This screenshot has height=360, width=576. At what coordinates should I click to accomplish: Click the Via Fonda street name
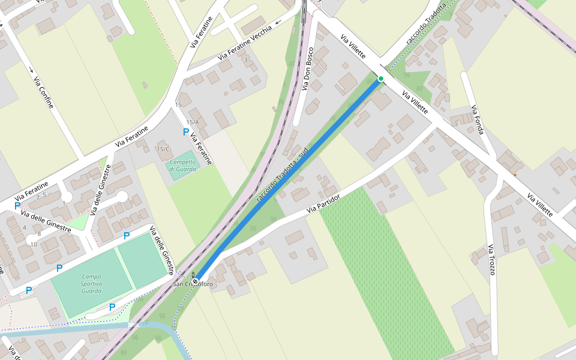pyautogui.click(x=477, y=120)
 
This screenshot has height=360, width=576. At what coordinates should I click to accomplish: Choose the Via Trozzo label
pyautogui.click(x=491, y=260)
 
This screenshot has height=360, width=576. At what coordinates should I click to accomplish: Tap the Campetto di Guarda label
pyautogui.click(x=182, y=165)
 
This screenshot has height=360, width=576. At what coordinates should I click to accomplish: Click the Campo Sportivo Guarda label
pyautogui.click(x=92, y=284)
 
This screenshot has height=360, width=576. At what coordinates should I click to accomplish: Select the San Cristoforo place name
pyautogui.click(x=193, y=284)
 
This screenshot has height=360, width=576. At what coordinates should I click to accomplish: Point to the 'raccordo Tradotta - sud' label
pyautogui.click(x=281, y=175)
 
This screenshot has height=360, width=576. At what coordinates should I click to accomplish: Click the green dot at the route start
pyautogui.click(x=380, y=79)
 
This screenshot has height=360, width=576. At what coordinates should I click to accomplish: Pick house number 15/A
pyautogui.click(x=192, y=122)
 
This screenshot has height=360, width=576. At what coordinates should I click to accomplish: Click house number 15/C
pyautogui.click(x=163, y=149)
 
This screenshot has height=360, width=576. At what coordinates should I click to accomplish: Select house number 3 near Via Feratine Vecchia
pyautogui.click(x=245, y=60)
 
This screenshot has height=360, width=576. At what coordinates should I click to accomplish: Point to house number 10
pyautogui.click(x=34, y=244)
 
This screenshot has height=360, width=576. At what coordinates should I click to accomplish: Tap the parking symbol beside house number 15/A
pyautogui.click(x=186, y=131)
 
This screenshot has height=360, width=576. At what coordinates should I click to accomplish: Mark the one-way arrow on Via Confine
pyautogui.click(x=31, y=70)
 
